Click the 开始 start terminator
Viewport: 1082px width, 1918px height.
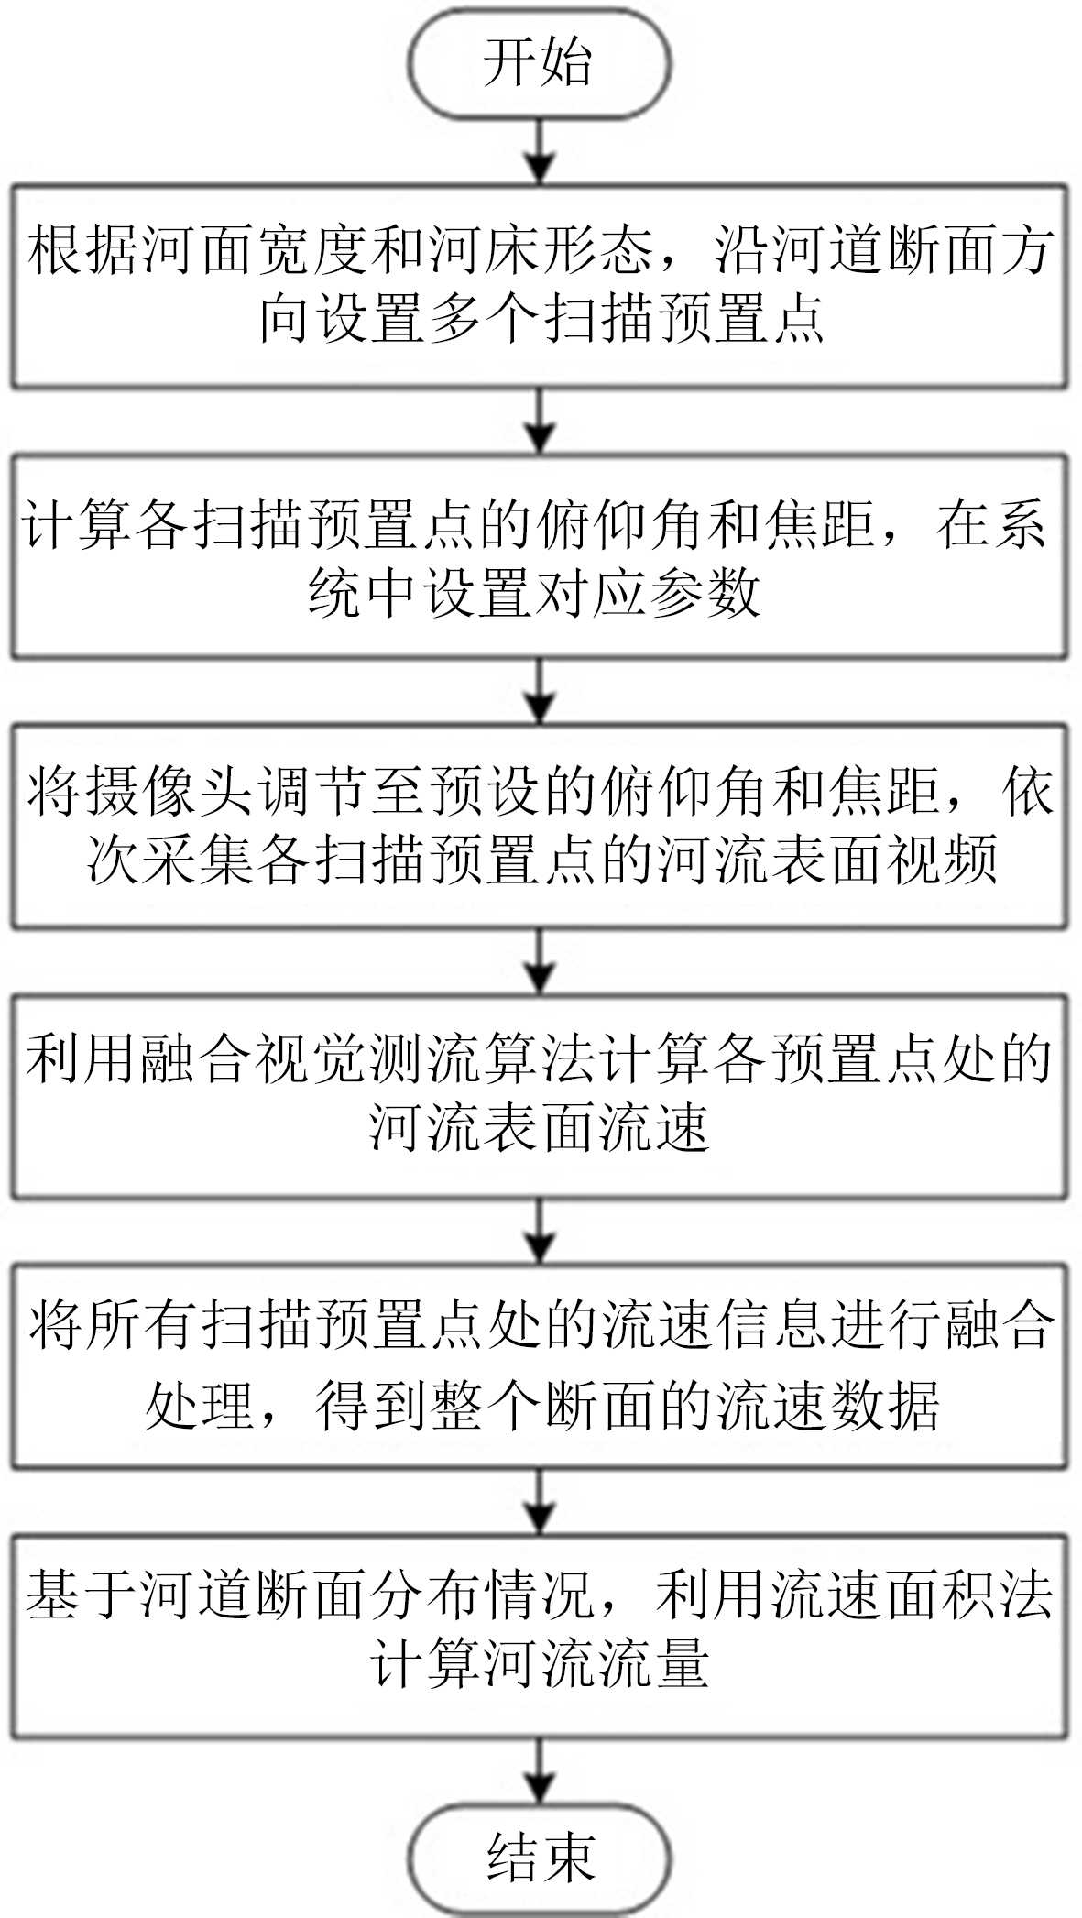point(539,63)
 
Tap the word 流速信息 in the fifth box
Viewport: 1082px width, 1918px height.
point(712,1327)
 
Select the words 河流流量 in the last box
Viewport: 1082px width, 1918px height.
point(596,1664)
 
